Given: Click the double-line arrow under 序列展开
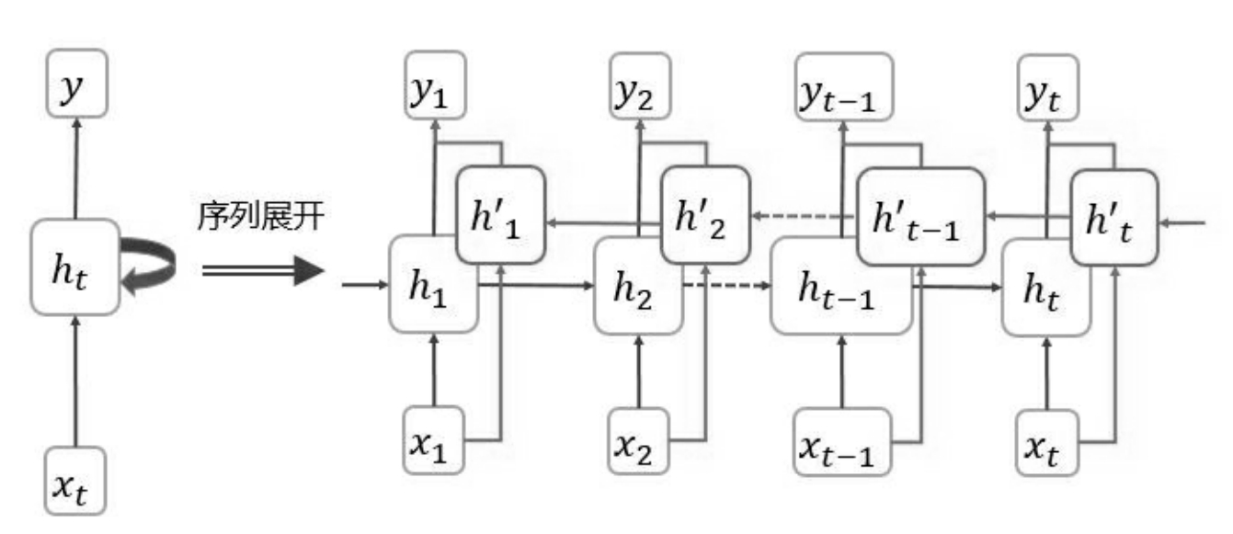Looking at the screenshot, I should point(262,272).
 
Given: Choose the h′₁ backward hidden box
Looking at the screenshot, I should point(501,219).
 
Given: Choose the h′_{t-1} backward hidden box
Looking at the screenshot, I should point(920,217).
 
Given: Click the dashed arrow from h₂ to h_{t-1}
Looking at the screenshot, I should point(727,286).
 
